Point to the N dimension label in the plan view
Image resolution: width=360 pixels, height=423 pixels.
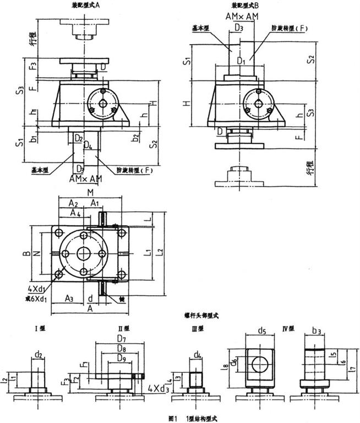pos(37,254)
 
